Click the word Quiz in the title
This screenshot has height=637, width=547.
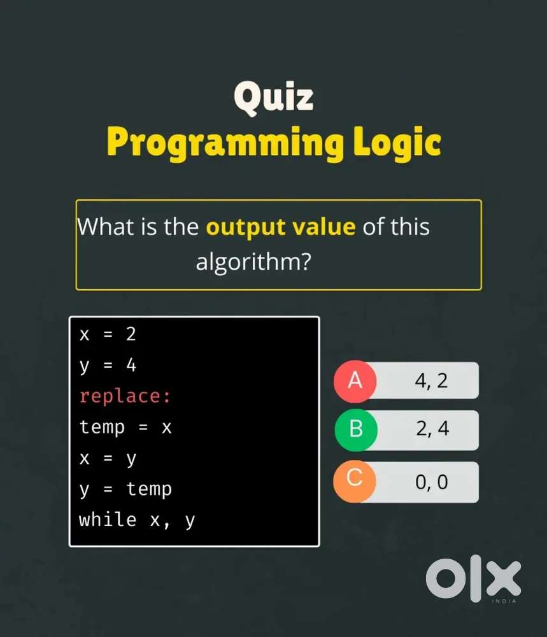click(x=273, y=97)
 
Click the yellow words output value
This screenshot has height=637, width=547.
click(x=281, y=227)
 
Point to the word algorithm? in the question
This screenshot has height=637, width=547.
click(x=253, y=262)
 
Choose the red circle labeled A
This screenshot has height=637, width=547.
click(x=355, y=381)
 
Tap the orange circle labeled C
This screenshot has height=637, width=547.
click(x=355, y=481)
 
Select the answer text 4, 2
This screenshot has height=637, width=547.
click(x=431, y=381)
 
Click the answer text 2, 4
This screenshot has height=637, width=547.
click(x=432, y=429)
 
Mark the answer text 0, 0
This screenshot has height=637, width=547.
click(x=432, y=482)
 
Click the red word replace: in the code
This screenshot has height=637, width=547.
click(x=125, y=396)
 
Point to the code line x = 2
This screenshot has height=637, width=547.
click(x=108, y=334)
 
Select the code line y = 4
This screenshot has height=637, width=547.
click(x=108, y=365)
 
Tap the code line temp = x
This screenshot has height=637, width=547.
click(x=125, y=427)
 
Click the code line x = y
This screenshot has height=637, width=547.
click(x=108, y=459)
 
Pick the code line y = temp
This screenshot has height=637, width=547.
click(x=125, y=489)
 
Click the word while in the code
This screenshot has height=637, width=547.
click(x=108, y=520)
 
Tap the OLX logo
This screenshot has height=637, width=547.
click(x=473, y=578)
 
